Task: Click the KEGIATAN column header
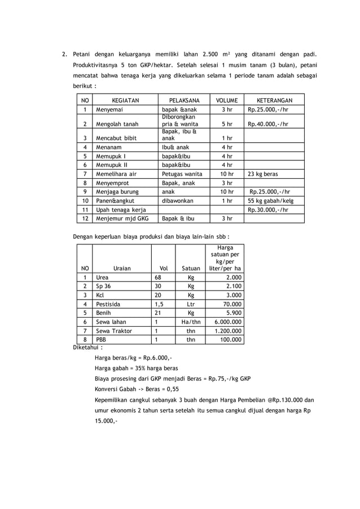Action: (x=125, y=100)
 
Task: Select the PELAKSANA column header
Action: (x=184, y=100)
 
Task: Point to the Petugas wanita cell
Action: (x=182, y=174)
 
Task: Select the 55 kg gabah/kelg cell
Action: (x=271, y=200)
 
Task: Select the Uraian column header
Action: (x=121, y=269)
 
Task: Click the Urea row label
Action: (x=102, y=278)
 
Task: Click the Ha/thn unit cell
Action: (x=191, y=322)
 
